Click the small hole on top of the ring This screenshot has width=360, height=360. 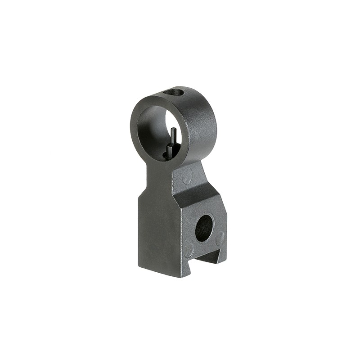pos(174,92)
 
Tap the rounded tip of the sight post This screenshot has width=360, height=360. pos(173,130)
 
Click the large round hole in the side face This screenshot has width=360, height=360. pos(204,228)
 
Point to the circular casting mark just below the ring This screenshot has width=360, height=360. pos(187,176)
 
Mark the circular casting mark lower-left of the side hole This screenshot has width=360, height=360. pos(189,250)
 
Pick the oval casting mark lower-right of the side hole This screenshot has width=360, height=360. pos(220,238)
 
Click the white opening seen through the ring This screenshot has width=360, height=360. pos(175,121)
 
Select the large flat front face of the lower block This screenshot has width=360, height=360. pos(155,229)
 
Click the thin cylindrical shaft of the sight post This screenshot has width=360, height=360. pos(173,137)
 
